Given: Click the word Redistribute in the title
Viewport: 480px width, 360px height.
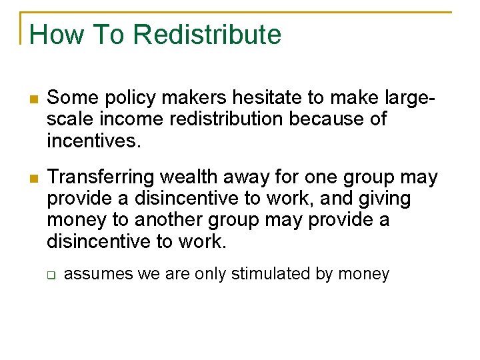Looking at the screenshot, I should tap(208, 35).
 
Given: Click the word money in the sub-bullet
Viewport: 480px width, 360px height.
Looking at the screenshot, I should tap(364, 274).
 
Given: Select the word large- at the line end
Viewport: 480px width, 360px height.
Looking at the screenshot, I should tap(411, 99).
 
